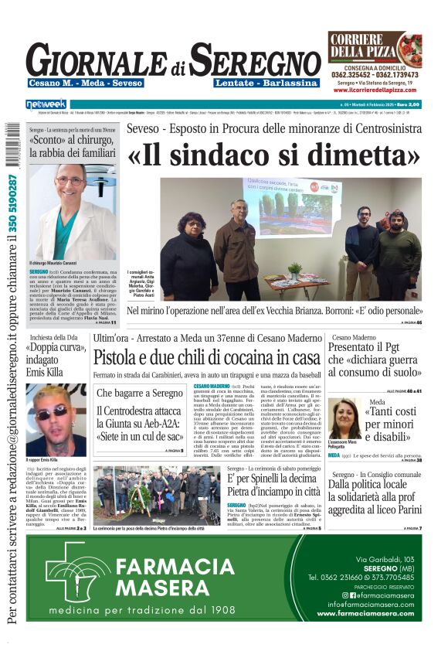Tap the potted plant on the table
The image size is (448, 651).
(294, 270)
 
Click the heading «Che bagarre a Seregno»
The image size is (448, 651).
(134, 394)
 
